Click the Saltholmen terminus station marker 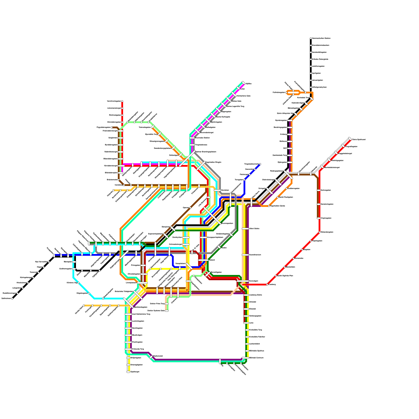coord(12,299)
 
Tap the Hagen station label coord(40,267)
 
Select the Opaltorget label coord(135,372)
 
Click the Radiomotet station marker coord(151,357)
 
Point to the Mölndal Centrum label coord(256,358)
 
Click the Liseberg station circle coord(267,284)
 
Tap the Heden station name coord(224,247)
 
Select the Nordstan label coord(225,190)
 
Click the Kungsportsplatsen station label coord(215,238)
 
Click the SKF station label coord(285,148)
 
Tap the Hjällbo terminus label coord(249,84)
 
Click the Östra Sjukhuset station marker coord(350,139)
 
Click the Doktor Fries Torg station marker coord(167,304)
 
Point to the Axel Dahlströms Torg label coord(141,314)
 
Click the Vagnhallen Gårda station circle coord(269,206)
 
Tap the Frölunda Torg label coord(138,349)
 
